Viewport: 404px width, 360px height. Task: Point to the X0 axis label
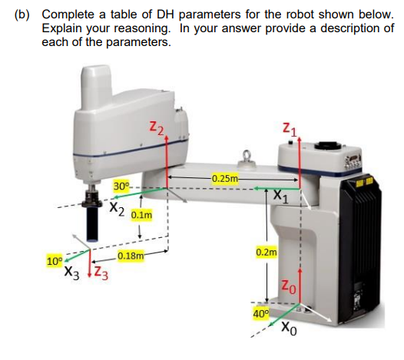coord(286,332)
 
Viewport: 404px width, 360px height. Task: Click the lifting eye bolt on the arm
coord(247,159)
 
